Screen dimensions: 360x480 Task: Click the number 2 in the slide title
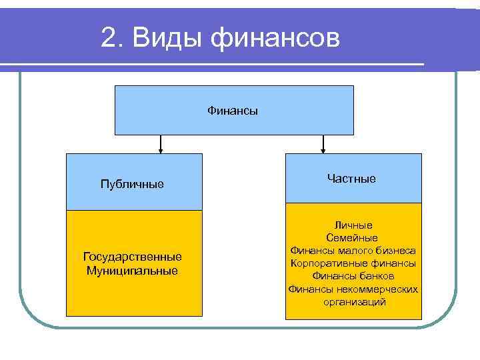click(109, 38)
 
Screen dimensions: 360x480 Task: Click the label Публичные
click(132, 183)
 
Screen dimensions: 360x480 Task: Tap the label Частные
click(351, 179)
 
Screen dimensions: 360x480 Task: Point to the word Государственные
click(132, 257)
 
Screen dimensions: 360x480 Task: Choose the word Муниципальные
click(132, 270)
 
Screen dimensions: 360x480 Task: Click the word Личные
click(353, 225)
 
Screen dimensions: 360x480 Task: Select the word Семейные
click(353, 238)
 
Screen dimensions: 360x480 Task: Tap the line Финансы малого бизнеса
click(353, 251)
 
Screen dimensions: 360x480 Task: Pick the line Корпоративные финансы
click(353, 263)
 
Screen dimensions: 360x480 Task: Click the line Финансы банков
click(353, 276)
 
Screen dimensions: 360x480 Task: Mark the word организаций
click(353, 301)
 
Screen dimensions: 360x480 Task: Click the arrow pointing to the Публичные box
click(161, 145)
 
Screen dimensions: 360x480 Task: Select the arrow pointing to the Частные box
click(323, 145)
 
